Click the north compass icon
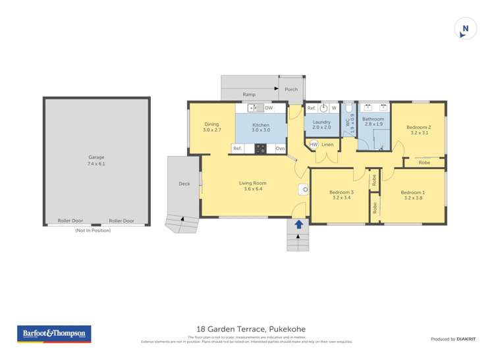click(466, 28)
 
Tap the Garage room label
click(96, 157)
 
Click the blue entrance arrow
click(298, 224)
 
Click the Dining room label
click(211, 124)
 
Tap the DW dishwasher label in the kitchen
click(269, 107)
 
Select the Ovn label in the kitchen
click(280, 148)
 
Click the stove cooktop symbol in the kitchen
click(261, 149)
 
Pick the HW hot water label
click(314, 144)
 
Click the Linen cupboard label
click(327, 144)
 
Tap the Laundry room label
click(321, 122)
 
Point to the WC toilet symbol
click(348, 109)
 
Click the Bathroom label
click(373, 118)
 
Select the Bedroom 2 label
click(419, 127)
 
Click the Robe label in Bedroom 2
click(424, 162)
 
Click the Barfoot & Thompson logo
click(54, 334)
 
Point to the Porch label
click(291, 90)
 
